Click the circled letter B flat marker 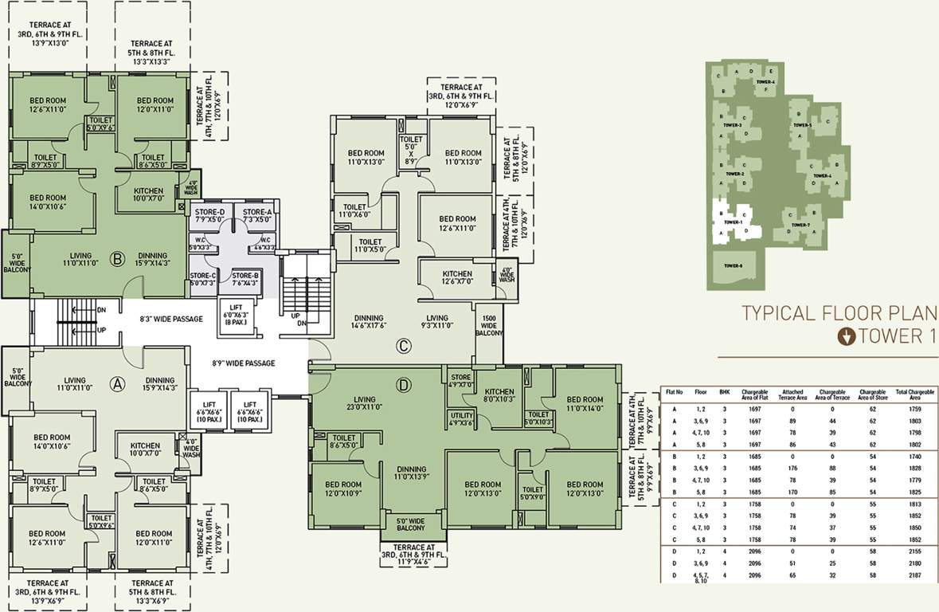tap(116, 258)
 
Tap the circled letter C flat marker tap(404, 346)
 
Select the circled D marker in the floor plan tap(404, 386)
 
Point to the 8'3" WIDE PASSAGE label tap(171, 319)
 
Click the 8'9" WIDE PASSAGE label tap(243, 363)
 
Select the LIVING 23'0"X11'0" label tap(365, 404)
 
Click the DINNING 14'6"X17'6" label tap(367, 322)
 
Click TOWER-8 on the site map tap(734, 266)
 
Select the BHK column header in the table tap(724, 393)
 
